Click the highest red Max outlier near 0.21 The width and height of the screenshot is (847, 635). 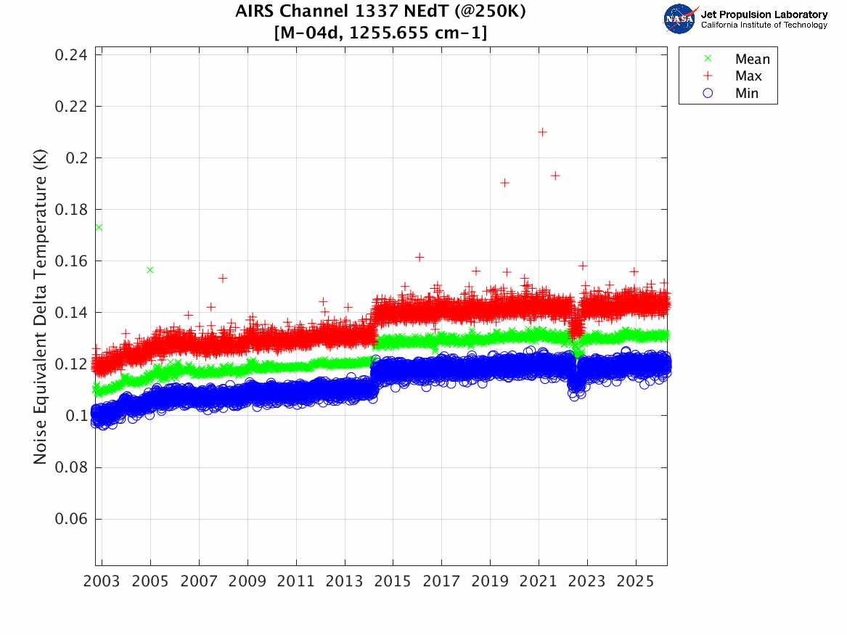tap(542, 132)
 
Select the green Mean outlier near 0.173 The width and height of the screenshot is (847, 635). tap(99, 227)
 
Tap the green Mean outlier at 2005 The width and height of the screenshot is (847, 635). tap(150, 270)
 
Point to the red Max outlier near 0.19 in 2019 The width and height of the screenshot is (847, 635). tap(504, 183)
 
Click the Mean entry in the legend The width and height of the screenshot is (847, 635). tap(752, 60)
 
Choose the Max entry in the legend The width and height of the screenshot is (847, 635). tap(748, 76)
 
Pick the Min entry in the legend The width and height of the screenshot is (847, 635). tap(746, 93)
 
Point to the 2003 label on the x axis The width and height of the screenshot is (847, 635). tap(102, 581)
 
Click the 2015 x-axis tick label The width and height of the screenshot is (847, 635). tap(393, 581)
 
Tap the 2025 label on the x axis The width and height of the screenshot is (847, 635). tap(636, 581)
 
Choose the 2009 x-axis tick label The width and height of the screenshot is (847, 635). tap(247, 581)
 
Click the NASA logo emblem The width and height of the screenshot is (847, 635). tap(679, 19)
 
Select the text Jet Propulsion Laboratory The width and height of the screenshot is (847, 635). tap(764, 15)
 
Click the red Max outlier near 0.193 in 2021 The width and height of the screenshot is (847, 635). tap(555, 176)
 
